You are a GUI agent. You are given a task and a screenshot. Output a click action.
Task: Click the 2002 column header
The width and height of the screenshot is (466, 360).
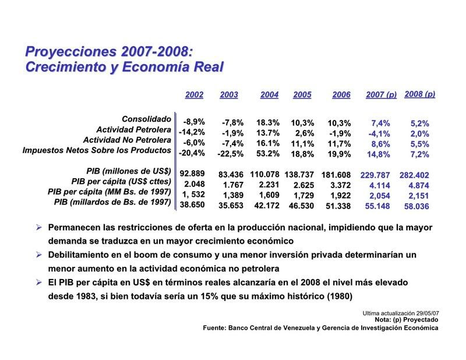(x=194, y=94)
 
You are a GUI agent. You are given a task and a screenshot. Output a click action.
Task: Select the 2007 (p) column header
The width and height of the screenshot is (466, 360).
(x=381, y=94)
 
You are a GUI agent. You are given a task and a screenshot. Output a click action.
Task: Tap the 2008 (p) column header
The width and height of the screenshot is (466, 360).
(x=420, y=94)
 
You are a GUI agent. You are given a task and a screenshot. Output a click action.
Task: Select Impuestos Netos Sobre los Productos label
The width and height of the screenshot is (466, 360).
(x=97, y=150)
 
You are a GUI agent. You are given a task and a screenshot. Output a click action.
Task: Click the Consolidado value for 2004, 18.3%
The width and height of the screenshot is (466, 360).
(x=269, y=123)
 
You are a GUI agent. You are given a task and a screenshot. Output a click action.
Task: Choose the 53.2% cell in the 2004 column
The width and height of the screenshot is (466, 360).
(x=269, y=154)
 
